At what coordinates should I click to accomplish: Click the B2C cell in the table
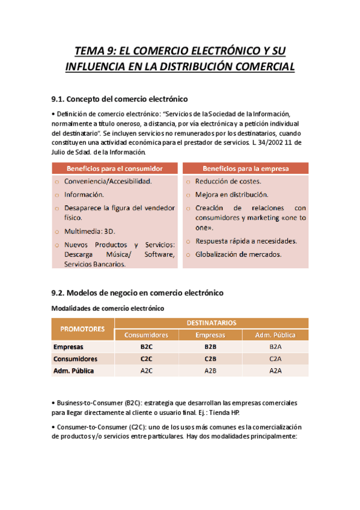pyautogui.click(x=146, y=347)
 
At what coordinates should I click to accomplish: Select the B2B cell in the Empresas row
pyautogui.click(x=210, y=347)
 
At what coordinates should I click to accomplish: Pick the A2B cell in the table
pyautogui.click(x=210, y=370)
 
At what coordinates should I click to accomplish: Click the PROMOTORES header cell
pyautogui.click(x=82, y=329)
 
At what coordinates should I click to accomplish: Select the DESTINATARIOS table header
pyautogui.click(x=210, y=323)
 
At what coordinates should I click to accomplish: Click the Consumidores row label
pyautogui.click(x=75, y=359)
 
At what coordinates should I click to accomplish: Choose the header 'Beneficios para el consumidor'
pyautogui.click(x=115, y=168)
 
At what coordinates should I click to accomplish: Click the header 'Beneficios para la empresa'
pyautogui.click(x=245, y=168)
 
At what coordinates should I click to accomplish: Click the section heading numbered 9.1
pyautogui.click(x=120, y=98)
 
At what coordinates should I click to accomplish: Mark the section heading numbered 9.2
pyautogui.click(x=138, y=292)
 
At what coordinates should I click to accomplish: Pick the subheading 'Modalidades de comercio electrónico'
pyautogui.click(x=108, y=308)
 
